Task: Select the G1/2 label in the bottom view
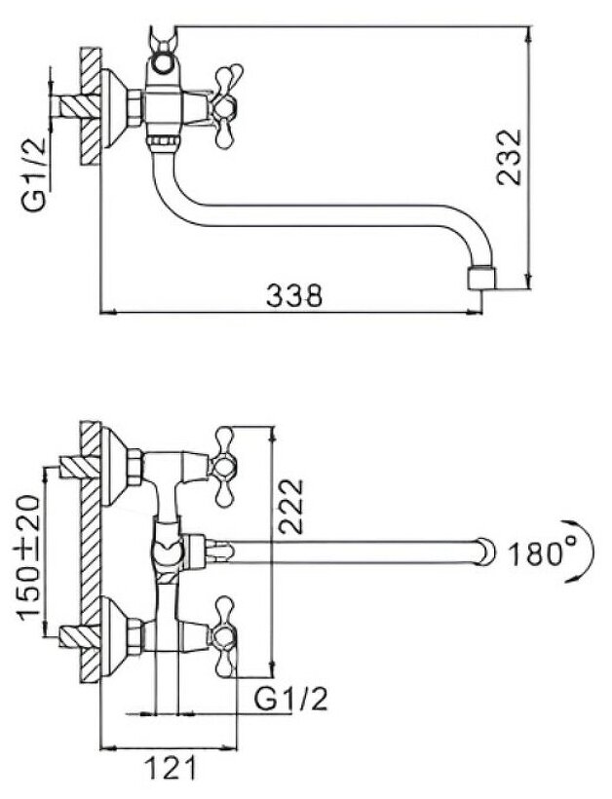coord(290,700)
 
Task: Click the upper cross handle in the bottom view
coord(225,466)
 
